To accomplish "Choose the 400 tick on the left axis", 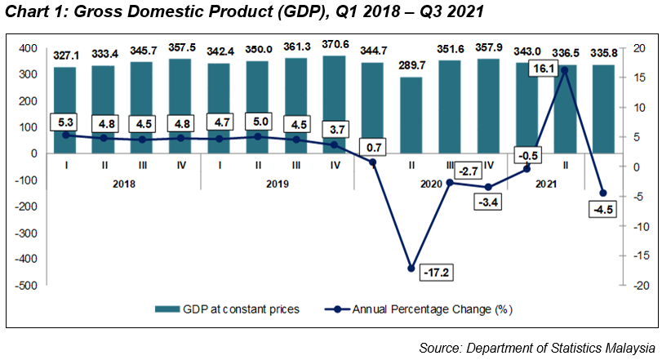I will coord(29,48).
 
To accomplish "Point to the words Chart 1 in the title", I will coord(31,11).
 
